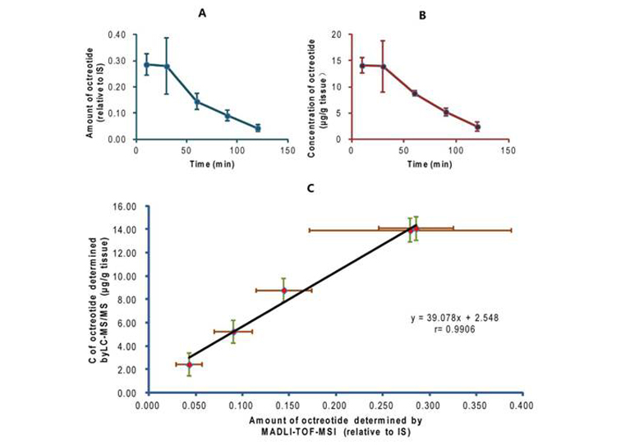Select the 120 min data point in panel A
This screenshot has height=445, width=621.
coord(257,128)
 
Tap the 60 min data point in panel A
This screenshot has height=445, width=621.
coord(197,102)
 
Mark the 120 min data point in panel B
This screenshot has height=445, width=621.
coord(477,126)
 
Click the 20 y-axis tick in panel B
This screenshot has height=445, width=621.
coord(337,34)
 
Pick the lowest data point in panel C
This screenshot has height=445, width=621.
coord(189,365)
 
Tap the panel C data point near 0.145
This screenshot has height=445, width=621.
coord(283,290)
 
